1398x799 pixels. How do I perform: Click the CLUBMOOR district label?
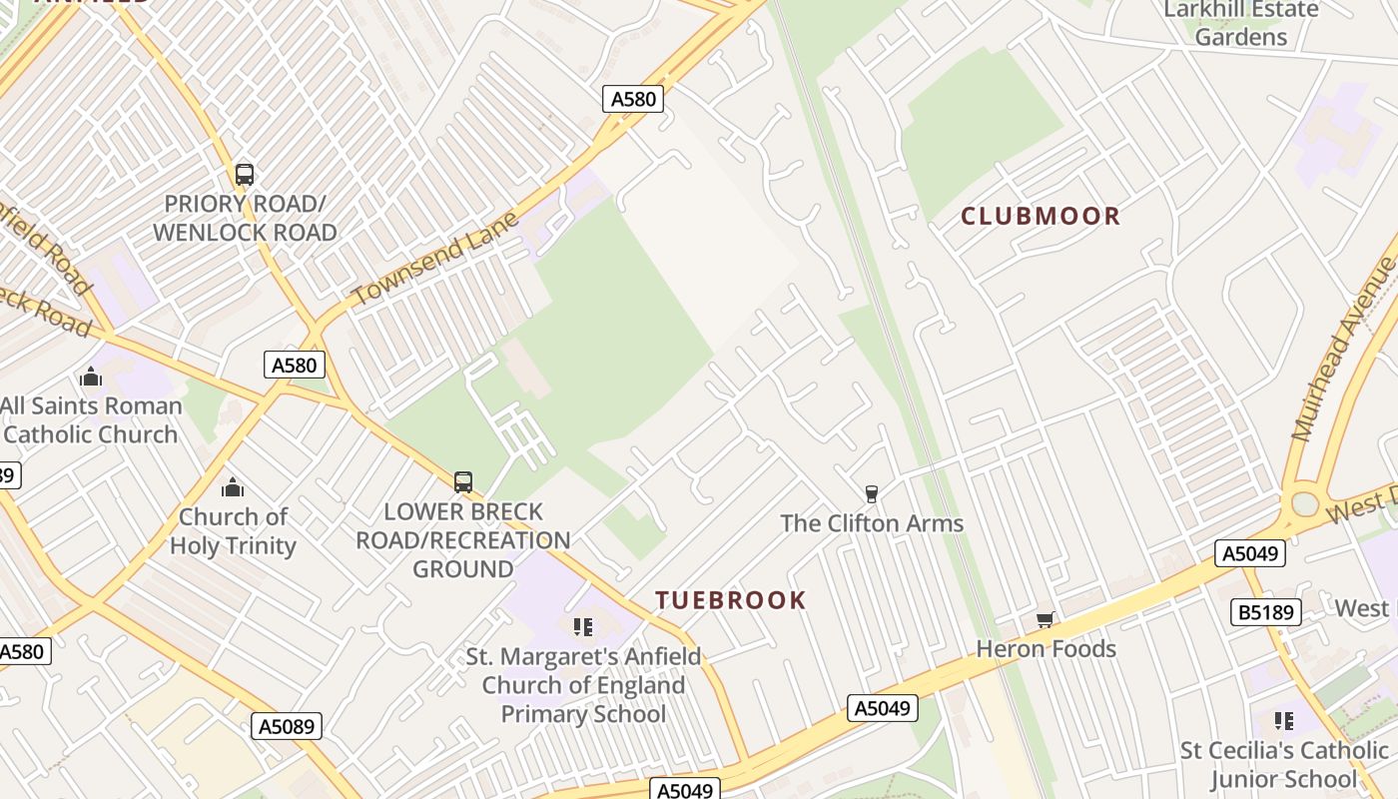point(1041,216)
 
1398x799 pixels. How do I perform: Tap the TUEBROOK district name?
point(730,600)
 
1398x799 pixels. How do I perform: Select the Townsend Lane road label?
point(435,259)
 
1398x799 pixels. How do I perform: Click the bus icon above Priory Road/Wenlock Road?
point(245,175)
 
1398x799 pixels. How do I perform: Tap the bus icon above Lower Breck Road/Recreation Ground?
point(463,482)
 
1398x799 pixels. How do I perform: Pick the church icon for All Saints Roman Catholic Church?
point(91,377)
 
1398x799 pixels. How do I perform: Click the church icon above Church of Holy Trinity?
point(233,487)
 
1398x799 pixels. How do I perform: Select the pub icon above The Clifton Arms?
point(871,493)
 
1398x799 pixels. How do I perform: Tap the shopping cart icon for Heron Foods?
point(1046,619)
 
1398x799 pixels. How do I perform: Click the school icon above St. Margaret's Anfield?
point(583,627)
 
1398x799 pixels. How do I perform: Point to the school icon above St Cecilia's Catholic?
point(1284,720)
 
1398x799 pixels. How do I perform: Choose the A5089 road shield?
point(287,726)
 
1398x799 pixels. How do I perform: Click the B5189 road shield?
point(1265,611)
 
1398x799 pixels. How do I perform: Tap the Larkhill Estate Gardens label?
point(1241,23)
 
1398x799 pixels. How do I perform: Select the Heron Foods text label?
point(1046,649)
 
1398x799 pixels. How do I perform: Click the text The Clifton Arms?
point(872,523)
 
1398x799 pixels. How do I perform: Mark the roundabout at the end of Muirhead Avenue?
point(1305,503)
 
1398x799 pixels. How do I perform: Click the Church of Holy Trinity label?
point(233,531)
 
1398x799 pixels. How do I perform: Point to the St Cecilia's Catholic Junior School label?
point(1284,765)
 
